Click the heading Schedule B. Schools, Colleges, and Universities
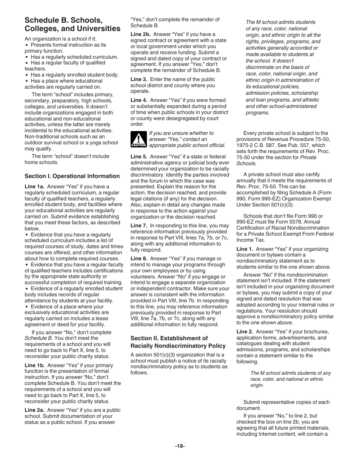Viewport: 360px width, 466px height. click(x=72, y=24)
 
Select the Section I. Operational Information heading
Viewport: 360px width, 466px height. click(x=72, y=176)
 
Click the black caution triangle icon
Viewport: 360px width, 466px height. click(x=138, y=139)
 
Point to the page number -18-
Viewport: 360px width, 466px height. click(x=180, y=446)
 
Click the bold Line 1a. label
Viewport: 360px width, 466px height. click(x=35, y=186)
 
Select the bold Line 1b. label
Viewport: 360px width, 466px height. click(x=35, y=365)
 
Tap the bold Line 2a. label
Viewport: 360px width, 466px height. click(x=35, y=410)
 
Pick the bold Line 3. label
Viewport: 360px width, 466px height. click(x=139, y=79)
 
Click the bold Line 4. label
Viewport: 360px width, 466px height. click(x=139, y=100)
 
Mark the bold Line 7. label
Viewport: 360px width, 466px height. click(x=139, y=225)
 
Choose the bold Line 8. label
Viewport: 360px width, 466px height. click(x=139, y=258)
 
